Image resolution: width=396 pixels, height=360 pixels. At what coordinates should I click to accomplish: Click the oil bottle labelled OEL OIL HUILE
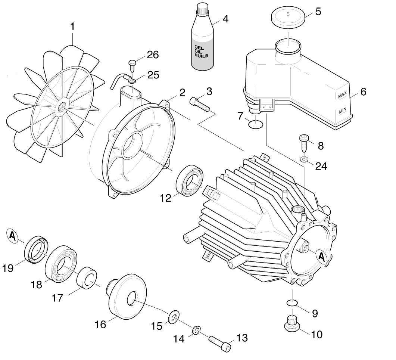click(x=202, y=45)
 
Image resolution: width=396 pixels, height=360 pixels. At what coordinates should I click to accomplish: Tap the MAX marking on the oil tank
click(x=343, y=96)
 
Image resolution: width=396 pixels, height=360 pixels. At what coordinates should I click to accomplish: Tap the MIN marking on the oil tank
click(x=342, y=111)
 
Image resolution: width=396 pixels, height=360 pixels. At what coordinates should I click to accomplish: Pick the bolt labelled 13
click(x=220, y=343)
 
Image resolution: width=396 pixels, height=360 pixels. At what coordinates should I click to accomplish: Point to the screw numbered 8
click(x=303, y=142)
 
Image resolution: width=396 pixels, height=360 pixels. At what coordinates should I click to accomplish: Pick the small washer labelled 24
click(x=303, y=160)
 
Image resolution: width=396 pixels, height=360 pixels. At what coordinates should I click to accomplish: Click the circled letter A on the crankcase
click(x=322, y=256)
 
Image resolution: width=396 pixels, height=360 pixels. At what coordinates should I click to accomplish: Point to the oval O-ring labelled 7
click(x=255, y=123)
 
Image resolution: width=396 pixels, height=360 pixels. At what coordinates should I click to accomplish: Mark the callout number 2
click(x=181, y=92)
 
